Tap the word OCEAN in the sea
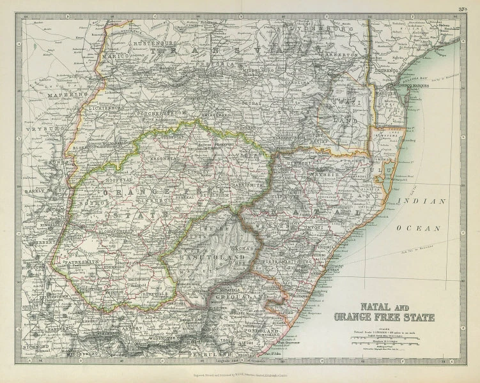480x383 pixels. [x=422, y=227]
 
